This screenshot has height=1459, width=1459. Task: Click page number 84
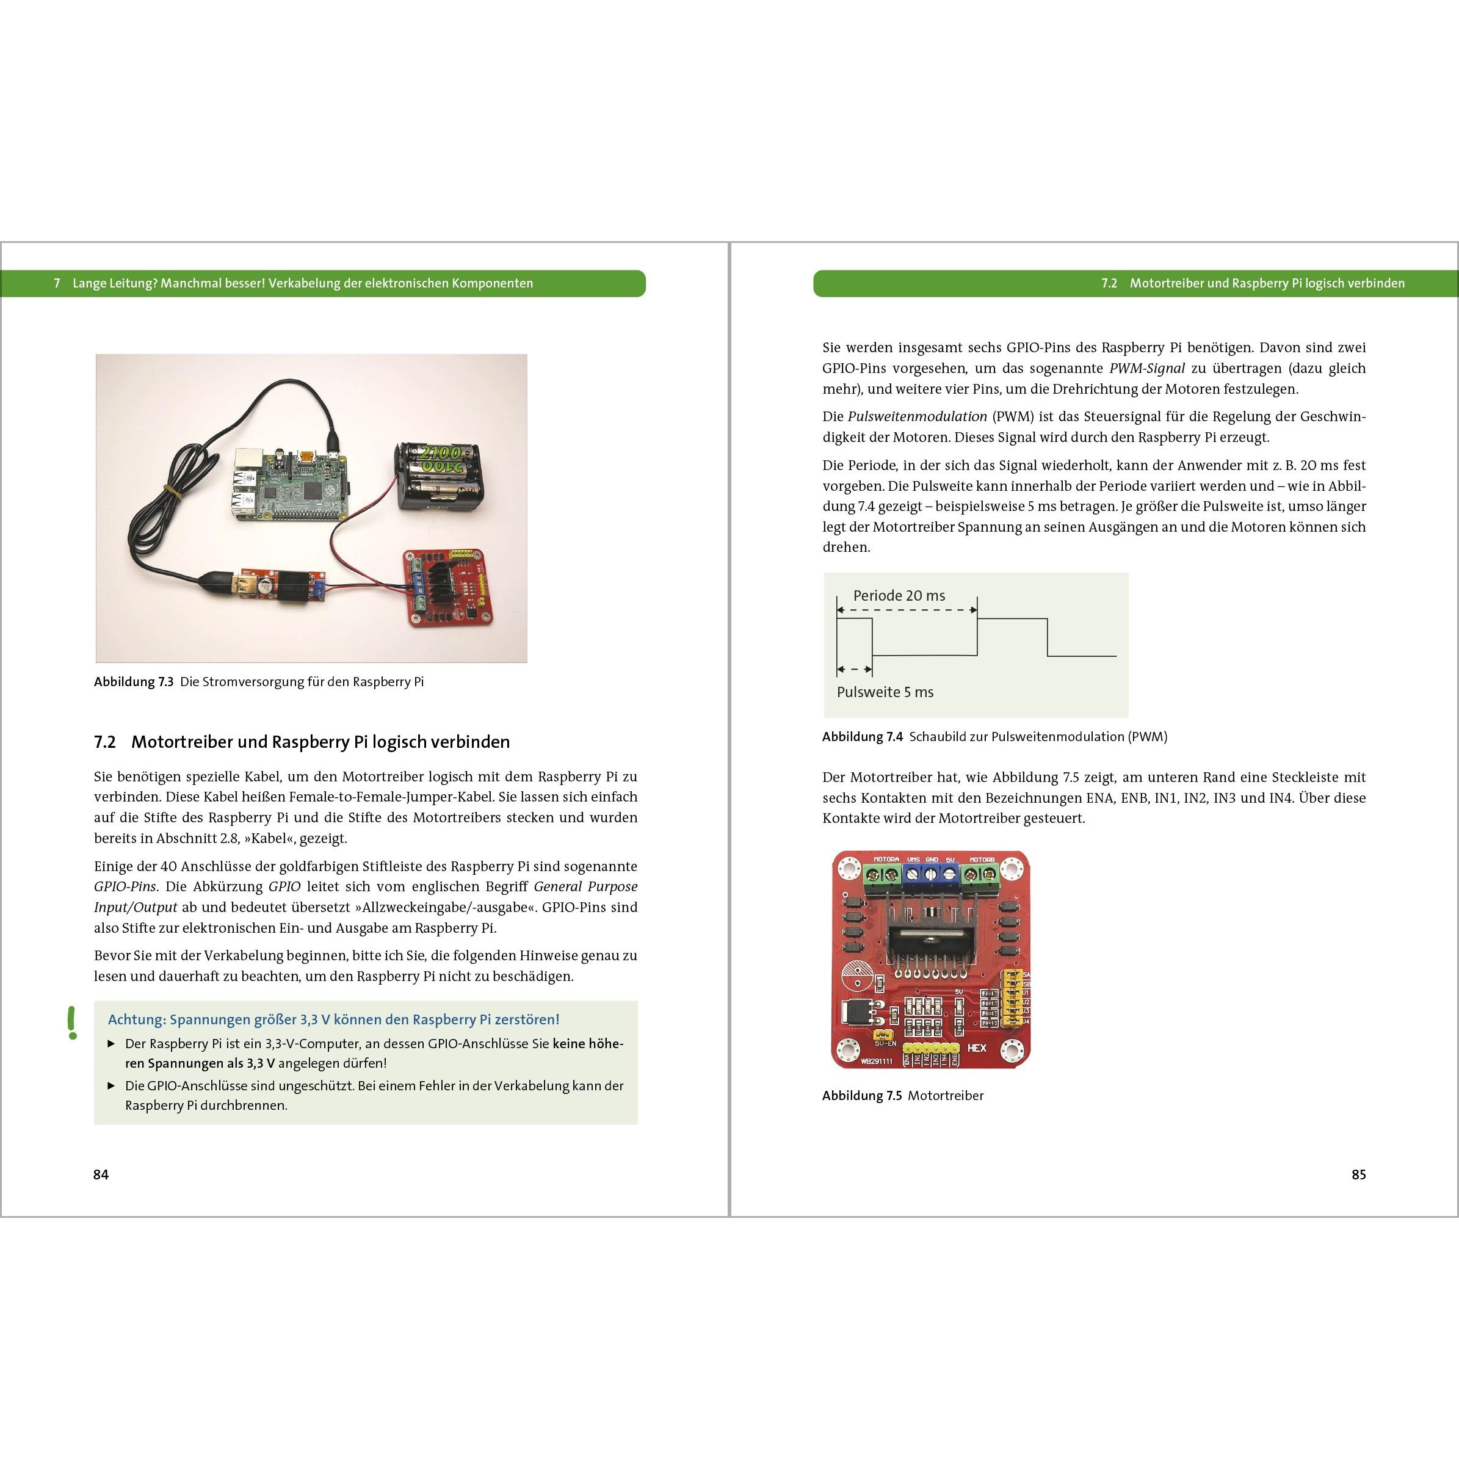tap(101, 1175)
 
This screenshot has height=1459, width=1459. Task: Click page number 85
tap(1358, 1175)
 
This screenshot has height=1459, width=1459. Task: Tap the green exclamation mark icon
tap(72, 1023)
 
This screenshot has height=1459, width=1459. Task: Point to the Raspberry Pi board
tap(287, 483)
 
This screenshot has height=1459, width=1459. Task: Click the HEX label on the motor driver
tap(977, 1048)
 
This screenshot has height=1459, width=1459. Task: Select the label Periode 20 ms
tap(899, 596)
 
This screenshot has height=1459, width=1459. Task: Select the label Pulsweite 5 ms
tap(885, 692)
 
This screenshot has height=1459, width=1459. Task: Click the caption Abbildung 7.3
tap(134, 682)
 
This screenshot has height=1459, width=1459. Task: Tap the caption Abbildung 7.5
tap(861, 1096)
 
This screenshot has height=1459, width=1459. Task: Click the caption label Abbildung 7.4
tap(861, 737)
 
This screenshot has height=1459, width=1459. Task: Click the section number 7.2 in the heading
tap(105, 742)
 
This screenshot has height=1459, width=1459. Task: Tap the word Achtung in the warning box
tap(136, 1019)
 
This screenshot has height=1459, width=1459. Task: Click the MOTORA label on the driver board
tap(886, 860)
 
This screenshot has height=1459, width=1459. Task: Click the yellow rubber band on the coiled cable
tap(175, 491)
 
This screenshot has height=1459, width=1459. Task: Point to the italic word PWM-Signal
tap(1146, 369)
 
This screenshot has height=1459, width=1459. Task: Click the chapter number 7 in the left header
tap(57, 283)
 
